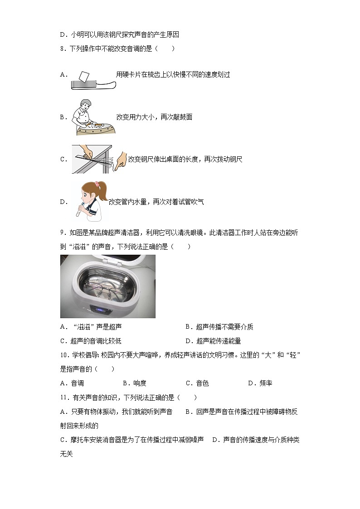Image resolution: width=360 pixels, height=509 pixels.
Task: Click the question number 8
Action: point(63,49)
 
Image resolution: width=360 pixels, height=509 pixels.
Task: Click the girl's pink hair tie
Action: point(97,184)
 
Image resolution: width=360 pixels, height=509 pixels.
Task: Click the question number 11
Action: point(64,398)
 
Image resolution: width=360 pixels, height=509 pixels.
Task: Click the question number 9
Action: point(63,233)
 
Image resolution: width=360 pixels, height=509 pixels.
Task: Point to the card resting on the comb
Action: point(83,76)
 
